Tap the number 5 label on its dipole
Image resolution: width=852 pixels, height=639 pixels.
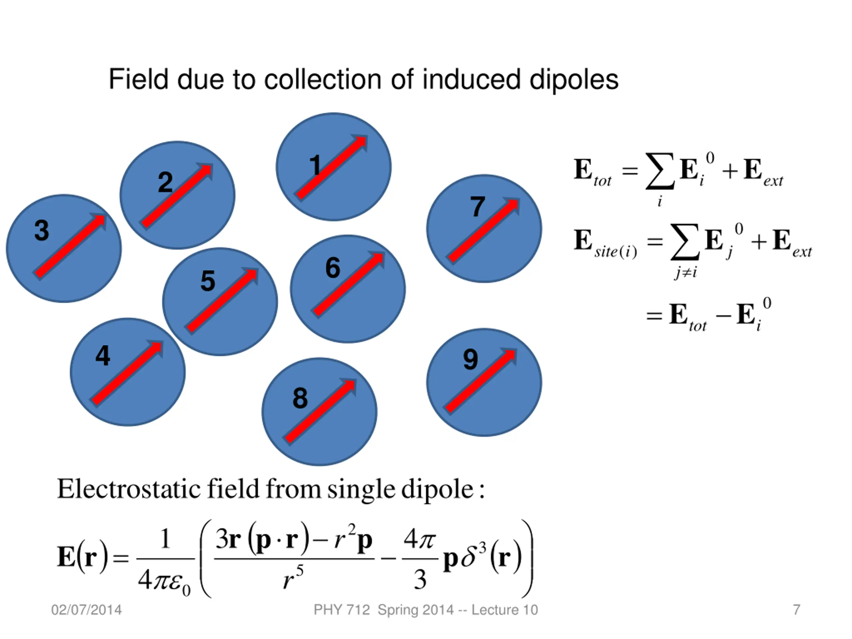[208, 281]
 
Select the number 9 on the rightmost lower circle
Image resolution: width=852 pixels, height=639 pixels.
[470, 359]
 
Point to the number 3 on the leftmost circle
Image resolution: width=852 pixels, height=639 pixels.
[42, 230]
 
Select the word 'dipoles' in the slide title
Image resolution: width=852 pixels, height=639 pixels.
[573, 80]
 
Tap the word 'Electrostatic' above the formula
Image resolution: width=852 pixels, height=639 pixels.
[129, 489]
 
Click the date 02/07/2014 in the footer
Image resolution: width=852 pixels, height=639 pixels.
[86, 610]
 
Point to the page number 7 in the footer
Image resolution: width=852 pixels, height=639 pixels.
[796, 610]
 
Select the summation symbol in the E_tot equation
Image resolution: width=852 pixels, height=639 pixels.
[660, 171]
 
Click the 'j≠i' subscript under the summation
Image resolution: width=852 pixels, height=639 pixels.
[686, 273]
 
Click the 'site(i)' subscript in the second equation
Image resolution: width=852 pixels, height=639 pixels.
[615, 252]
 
